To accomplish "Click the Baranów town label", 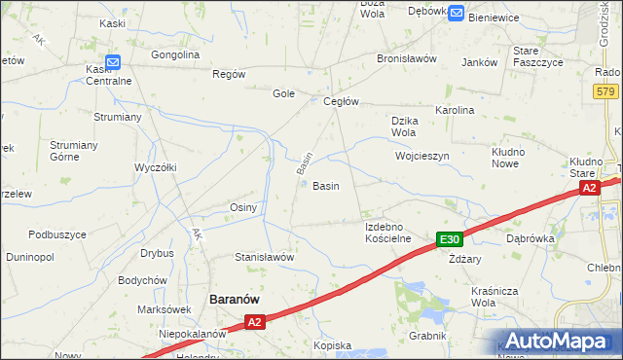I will coord(234,300).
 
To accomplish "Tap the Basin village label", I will coord(325,186).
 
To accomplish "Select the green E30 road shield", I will coord(448,240).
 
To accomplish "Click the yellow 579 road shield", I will coord(605,90).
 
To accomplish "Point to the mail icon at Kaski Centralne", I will coord(112,63).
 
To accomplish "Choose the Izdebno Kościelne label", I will coord(388,233).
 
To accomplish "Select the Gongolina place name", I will coord(175,54).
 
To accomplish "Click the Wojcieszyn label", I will coord(421,156).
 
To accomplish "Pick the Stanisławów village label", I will coord(264,257).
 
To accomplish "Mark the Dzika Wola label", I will coord(404,126).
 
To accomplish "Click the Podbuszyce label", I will coord(57,234).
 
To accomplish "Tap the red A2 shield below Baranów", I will coord(254,321).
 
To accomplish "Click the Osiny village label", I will coord(242,207).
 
